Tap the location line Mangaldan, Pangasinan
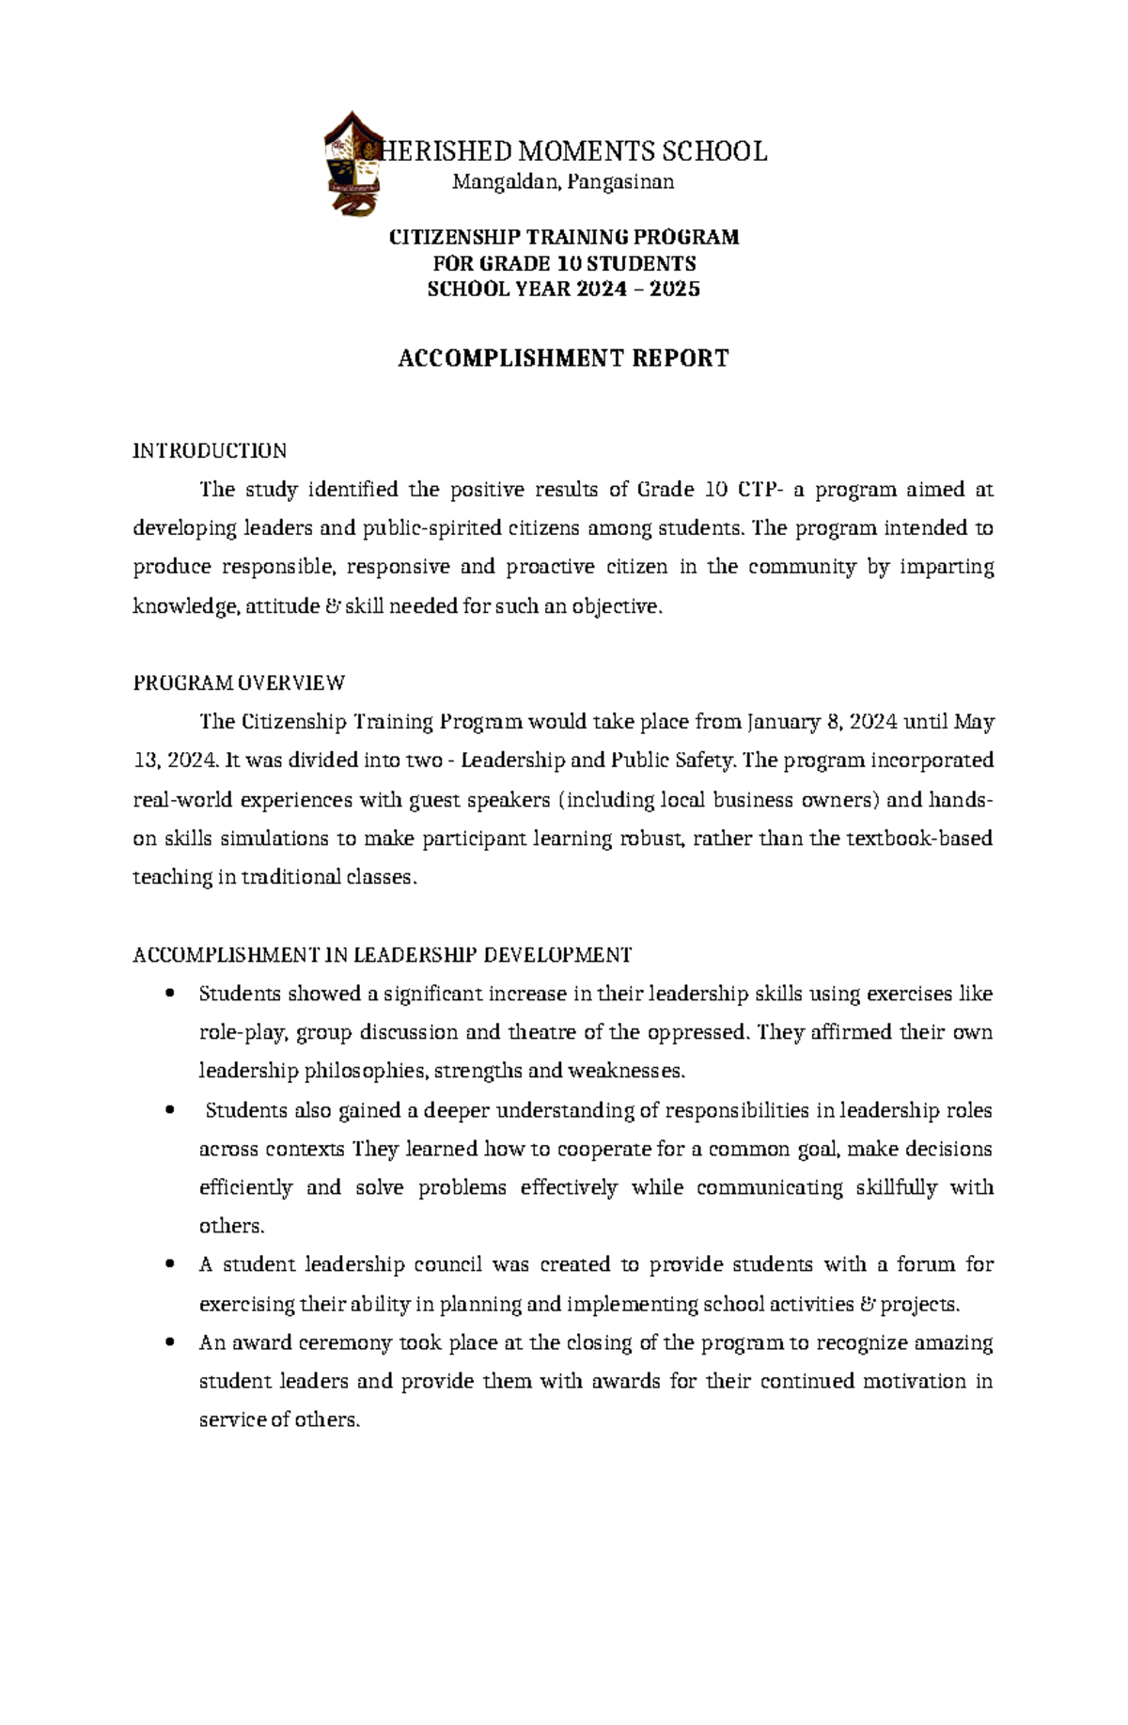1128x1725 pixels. [563, 182]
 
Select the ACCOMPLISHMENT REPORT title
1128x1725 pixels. [563, 358]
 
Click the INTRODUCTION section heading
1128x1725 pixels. [210, 450]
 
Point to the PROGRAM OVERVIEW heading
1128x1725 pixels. [239, 682]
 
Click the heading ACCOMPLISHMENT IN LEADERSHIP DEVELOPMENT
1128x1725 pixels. [383, 955]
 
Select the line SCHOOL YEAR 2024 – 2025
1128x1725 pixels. [563, 290]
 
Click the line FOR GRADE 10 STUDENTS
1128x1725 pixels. [563, 263]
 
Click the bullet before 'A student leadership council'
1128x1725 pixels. [170, 1265]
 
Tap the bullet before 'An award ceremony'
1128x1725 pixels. [170, 1343]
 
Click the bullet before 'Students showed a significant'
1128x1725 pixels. [170, 995]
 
